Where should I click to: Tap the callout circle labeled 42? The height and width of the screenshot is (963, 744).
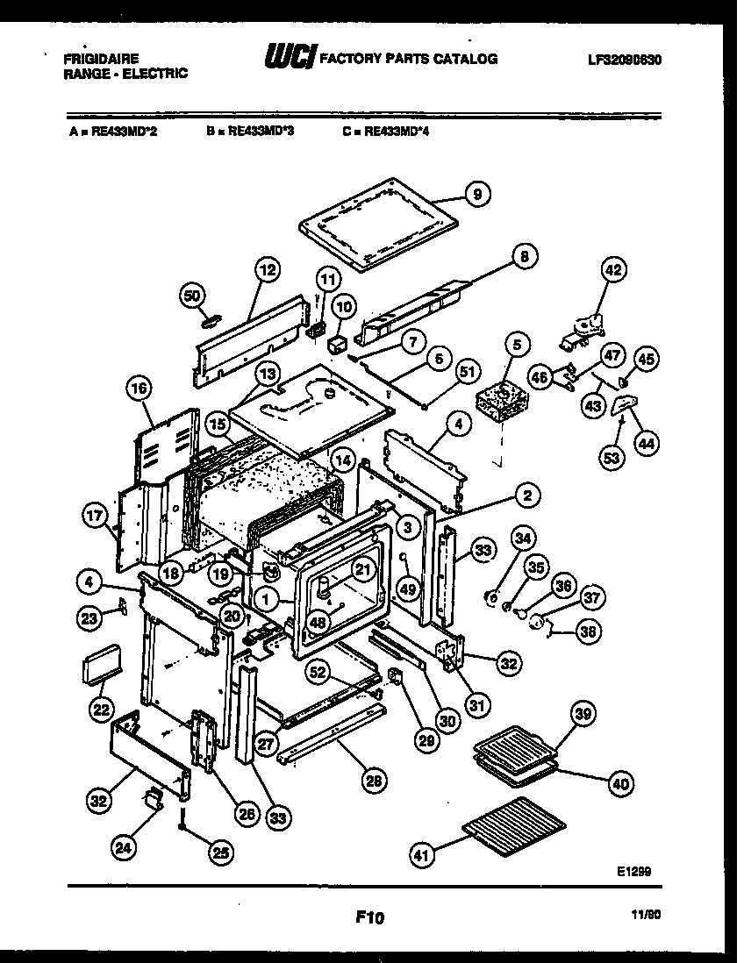(612, 271)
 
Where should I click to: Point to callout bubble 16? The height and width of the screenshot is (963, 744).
(140, 389)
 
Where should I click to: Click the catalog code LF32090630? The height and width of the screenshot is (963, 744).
(625, 61)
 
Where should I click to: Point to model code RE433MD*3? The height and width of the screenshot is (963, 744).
(255, 132)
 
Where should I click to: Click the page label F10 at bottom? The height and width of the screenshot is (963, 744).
(370, 918)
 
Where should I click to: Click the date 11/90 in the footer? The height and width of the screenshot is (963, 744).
(645, 913)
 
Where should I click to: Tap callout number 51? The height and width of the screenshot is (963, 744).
(468, 371)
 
